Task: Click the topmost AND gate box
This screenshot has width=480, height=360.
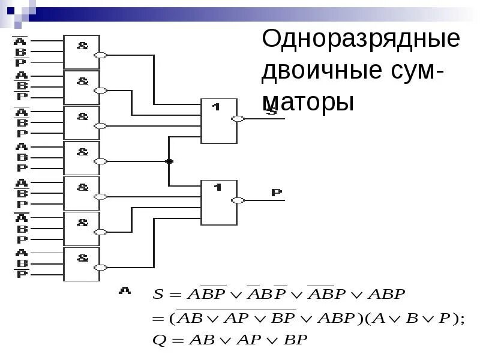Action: coord(82,52)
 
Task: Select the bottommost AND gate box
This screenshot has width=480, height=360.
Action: coord(82,264)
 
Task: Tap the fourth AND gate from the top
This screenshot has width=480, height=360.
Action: coord(82,158)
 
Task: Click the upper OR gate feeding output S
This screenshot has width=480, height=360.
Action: coord(218,121)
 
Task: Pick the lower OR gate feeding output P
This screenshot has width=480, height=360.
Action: coord(218,202)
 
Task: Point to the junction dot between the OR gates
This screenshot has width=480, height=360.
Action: coord(169,161)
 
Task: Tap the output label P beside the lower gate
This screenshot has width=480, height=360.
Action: coord(276,193)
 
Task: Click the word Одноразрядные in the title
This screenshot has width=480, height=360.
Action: coord(361,40)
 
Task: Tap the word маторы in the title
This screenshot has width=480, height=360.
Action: coord(308,101)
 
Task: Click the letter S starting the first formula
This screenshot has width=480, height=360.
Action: coord(158,295)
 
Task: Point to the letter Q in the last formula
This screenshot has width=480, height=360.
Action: coord(159,340)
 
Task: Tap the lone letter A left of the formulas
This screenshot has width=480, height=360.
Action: coord(125,290)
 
